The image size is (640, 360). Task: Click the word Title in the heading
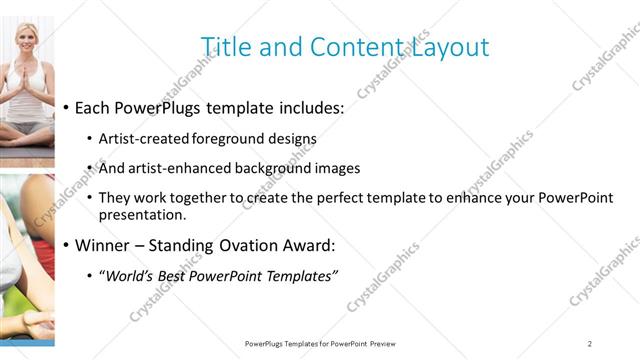coord(224,47)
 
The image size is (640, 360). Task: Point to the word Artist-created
coord(140,139)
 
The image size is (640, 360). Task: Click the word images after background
coord(338,169)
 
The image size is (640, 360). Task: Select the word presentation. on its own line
coord(141,214)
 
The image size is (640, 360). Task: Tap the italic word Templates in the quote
coord(299,275)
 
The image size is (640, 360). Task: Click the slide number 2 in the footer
coord(590,344)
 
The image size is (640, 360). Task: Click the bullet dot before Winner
coord(66,246)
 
